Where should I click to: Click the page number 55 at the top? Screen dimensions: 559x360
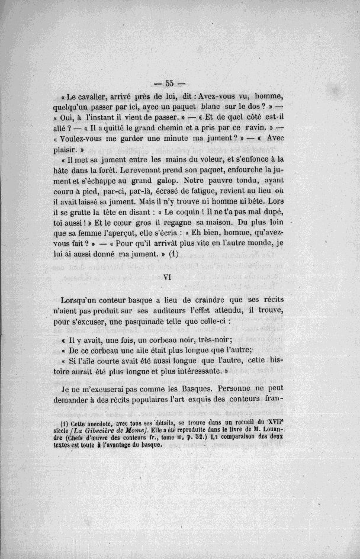click(168, 83)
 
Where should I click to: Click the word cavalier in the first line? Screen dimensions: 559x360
click(97, 97)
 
